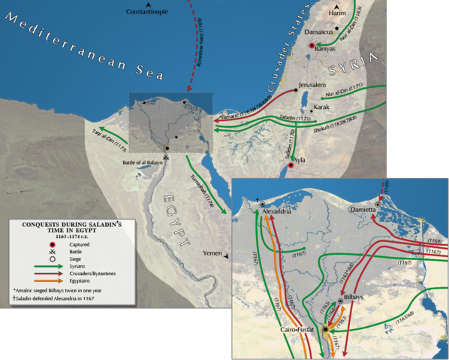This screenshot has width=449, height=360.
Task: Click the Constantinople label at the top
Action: click(148, 14)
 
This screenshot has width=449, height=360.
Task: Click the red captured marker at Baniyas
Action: click(312, 45)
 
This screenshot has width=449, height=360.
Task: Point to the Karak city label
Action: click(321, 107)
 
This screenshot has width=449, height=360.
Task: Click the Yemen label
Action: click(213, 254)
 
